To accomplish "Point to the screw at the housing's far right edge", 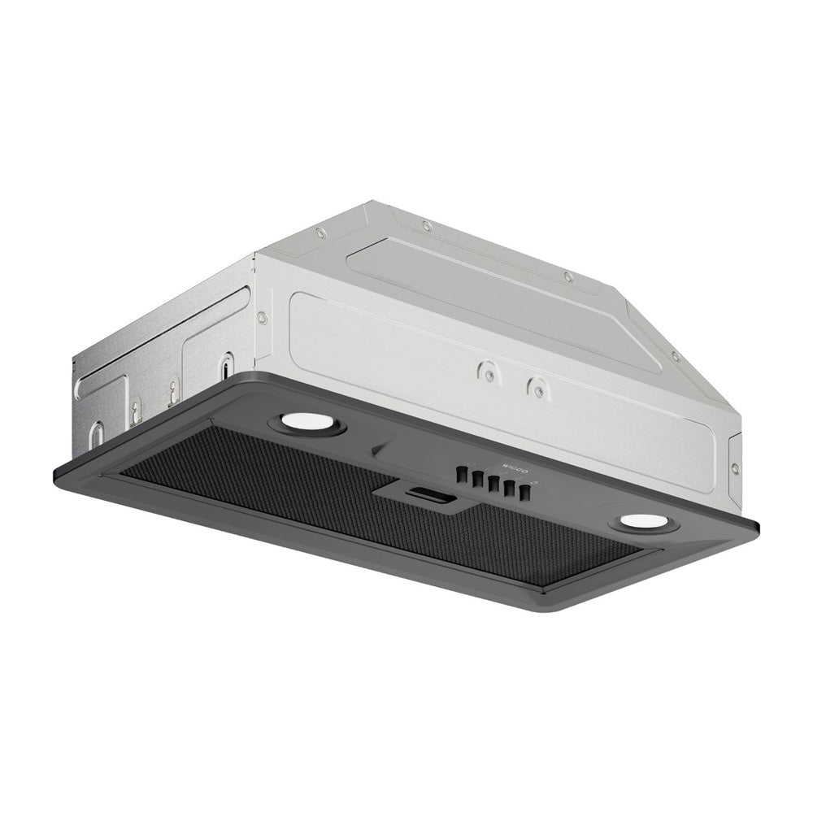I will (x=734, y=469).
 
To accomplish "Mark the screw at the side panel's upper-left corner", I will (x=262, y=317).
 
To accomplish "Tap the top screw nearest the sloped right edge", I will (x=674, y=355).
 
